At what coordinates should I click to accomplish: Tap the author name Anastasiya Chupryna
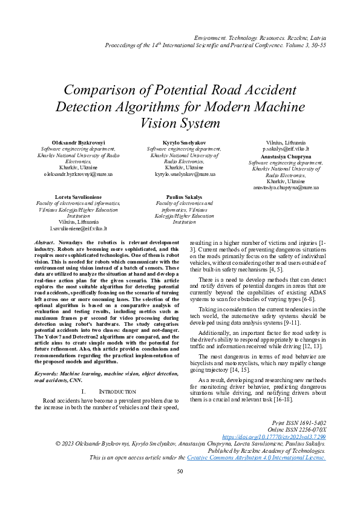tap(286, 156)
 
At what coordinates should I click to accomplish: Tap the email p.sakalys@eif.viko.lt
tap(286, 148)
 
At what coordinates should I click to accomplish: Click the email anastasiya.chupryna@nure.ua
tap(286, 188)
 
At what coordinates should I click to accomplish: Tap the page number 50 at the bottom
tap(180, 488)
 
